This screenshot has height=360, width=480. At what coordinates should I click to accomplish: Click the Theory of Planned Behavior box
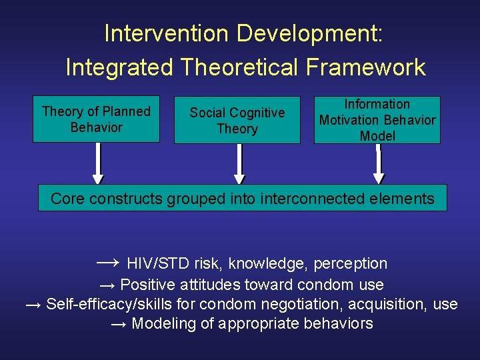(x=96, y=119)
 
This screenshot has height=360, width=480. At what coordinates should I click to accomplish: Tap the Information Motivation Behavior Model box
(x=377, y=120)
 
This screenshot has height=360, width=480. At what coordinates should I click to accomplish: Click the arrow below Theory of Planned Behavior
(x=98, y=163)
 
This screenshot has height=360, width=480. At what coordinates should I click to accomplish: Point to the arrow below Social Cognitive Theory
(x=239, y=163)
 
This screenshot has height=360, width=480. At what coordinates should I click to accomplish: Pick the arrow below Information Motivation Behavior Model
(x=379, y=163)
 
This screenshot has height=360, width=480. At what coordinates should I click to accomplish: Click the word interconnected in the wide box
(x=315, y=198)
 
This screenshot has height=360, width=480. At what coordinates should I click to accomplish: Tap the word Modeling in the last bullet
(x=159, y=324)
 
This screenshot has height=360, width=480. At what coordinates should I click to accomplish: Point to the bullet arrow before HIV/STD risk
(x=108, y=263)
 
